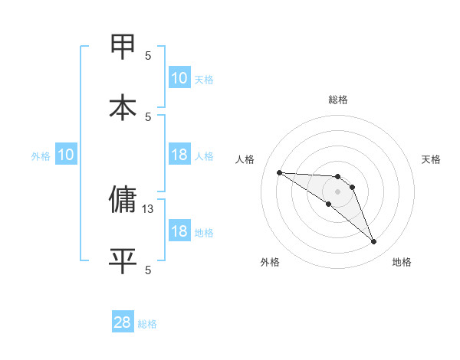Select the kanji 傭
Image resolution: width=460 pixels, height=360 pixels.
coord(123,199)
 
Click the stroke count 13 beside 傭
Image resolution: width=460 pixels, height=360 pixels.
coord(148,208)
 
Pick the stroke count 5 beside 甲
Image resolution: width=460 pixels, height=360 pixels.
coord(148,55)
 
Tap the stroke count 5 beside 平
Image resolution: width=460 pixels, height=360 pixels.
coord(148,270)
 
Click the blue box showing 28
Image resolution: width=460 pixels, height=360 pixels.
coord(123,322)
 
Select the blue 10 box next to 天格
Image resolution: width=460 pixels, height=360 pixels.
coord(179,78)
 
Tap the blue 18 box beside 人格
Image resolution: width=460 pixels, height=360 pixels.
coord(179,155)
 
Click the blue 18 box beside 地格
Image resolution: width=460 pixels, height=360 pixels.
coord(179,231)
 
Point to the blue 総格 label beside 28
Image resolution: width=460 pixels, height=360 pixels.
coord(147,324)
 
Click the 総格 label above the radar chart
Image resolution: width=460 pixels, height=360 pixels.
coord(338,100)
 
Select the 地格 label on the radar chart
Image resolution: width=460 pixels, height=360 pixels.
coord(402,262)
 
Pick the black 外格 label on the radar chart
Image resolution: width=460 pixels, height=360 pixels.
coord(270,262)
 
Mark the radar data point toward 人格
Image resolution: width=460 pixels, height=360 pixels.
coord(279,172)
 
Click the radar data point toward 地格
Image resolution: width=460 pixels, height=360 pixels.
coord(374,242)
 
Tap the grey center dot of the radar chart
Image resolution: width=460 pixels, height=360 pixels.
coord(337,191)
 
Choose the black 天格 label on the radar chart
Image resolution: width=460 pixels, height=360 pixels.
coord(432,159)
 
